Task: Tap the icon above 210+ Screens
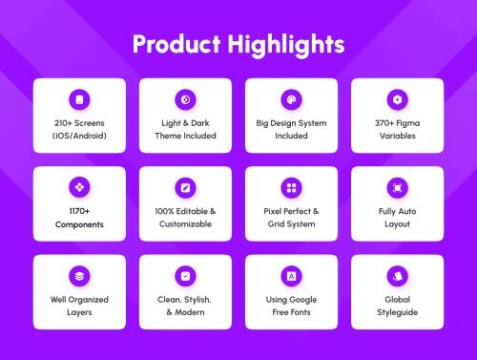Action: tap(79, 99)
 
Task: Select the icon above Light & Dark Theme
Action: tap(185, 99)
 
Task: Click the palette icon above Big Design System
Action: tap(291, 99)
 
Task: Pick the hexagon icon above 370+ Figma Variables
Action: tap(397, 99)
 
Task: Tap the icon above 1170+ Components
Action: tap(79, 187)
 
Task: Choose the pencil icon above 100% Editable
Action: tap(185, 187)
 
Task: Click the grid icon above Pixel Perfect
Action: tap(291, 187)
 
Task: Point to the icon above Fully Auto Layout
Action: tap(397, 187)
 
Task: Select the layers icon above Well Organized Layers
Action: tap(79, 276)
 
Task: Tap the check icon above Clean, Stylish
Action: tap(185, 276)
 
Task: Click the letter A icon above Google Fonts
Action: tap(291, 276)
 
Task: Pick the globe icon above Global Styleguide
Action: tap(397, 276)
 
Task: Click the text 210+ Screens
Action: tap(79, 123)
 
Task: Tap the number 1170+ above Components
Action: tap(79, 211)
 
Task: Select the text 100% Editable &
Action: tap(185, 211)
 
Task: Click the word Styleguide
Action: tap(397, 312)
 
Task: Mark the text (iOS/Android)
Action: tap(79, 136)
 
